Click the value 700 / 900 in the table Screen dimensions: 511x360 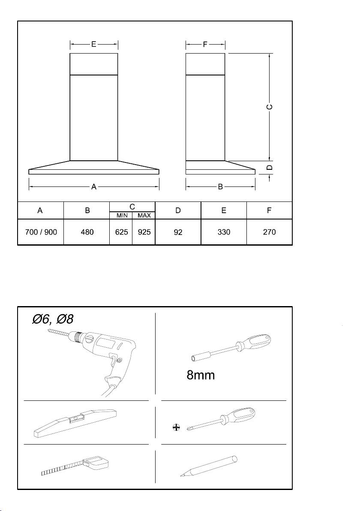coord(40,232)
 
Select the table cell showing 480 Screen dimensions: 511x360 coord(87,232)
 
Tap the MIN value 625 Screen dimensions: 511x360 coord(121,232)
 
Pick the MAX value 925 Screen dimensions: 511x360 coord(144,232)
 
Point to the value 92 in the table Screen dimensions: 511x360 coord(178,232)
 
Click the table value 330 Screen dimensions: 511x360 coord(224,232)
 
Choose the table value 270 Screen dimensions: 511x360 coord(270,232)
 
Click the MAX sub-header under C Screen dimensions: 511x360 coord(144,215)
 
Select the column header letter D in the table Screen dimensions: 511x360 coord(178,210)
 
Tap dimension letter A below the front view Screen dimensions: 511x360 coord(94,186)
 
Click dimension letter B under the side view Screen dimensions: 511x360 coord(220,186)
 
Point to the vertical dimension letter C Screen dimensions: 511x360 coord(270,107)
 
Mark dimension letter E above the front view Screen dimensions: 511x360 coord(93,44)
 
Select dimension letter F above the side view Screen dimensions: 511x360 coord(205,44)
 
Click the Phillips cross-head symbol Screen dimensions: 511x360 coord(175,427)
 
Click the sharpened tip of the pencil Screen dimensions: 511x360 coord(180,476)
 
